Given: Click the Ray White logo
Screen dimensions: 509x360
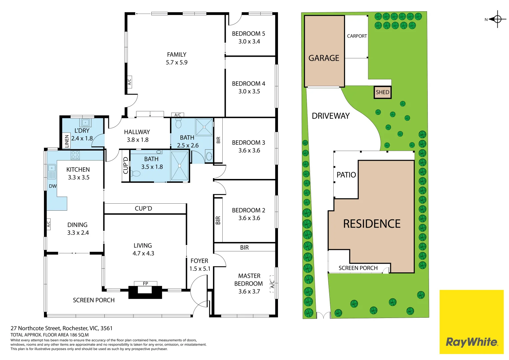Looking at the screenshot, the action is [x=472, y=322].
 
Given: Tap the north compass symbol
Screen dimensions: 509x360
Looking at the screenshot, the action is [x=496, y=19].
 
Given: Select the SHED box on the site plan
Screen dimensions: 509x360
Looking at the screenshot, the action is [x=382, y=92].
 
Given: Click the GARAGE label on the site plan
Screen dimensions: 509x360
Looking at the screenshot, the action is [x=324, y=58].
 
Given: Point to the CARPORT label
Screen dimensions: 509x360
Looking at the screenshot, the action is [x=357, y=36].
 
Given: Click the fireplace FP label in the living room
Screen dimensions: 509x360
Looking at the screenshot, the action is [x=145, y=283].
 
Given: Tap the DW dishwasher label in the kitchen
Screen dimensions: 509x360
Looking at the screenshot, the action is [x=53, y=186].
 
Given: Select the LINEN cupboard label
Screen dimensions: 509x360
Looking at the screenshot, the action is [x=67, y=141].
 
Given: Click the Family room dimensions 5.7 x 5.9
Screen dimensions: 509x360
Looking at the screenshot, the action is [x=177, y=63].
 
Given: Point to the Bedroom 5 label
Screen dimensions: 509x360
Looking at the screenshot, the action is [x=248, y=34].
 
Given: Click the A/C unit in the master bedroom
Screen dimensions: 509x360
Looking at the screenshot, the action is [x=272, y=284].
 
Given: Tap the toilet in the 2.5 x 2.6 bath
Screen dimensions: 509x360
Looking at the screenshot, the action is [x=179, y=123].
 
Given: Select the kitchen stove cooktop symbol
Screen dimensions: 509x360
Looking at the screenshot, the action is [x=75, y=155].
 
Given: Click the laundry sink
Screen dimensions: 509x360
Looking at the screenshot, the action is [x=85, y=123].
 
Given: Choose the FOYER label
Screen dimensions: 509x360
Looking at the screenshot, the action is [x=199, y=261].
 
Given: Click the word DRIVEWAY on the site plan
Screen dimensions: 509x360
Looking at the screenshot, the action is [x=331, y=116].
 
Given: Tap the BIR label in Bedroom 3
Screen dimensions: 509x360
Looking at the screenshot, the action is [x=218, y=140].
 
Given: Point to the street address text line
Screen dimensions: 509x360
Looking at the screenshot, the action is [x=62, y=328].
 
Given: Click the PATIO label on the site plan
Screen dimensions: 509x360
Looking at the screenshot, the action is [x=346, y=175].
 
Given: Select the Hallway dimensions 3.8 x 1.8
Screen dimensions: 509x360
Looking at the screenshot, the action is [x=137, y=140].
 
